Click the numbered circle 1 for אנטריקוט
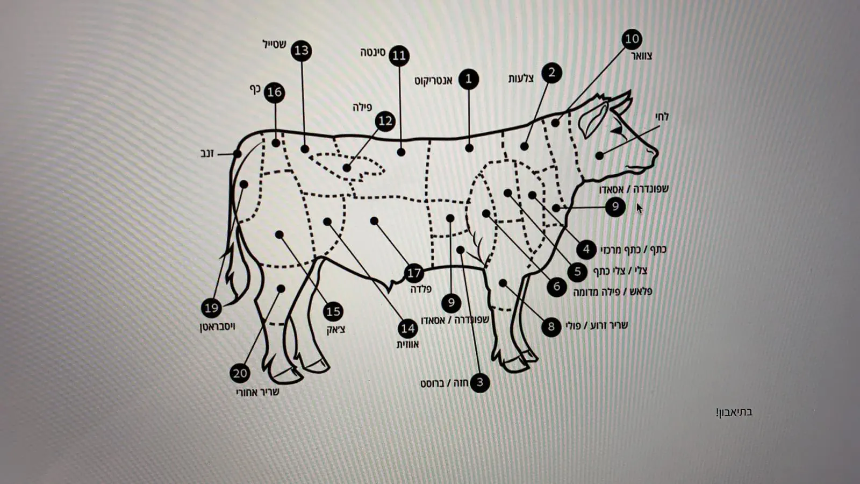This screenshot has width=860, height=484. coord(468,79)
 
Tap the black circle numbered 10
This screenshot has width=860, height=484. coord(632,39)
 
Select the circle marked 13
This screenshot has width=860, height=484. coord(302,51)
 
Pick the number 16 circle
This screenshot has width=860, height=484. coord(275,92)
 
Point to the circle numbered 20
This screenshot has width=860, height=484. coord(240,373)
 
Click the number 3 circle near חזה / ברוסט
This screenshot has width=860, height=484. coord(480,382)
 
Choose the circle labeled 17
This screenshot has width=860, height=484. coord(414,273)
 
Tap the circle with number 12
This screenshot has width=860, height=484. coord(385,122)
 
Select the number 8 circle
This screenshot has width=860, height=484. coord(551,327)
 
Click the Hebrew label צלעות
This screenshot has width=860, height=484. coord(521,79)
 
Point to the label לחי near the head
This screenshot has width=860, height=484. coord(661,116)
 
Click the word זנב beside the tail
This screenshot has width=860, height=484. coord(207,153)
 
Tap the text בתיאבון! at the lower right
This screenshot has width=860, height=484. coord(734,412)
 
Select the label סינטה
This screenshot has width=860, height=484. coord(373,52)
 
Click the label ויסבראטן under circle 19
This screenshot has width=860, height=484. coord(217,327)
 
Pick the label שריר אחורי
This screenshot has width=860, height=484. coord(257,392)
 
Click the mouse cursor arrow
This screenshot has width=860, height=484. coord(639,209)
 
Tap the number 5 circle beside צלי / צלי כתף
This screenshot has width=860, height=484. coord(577,272)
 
